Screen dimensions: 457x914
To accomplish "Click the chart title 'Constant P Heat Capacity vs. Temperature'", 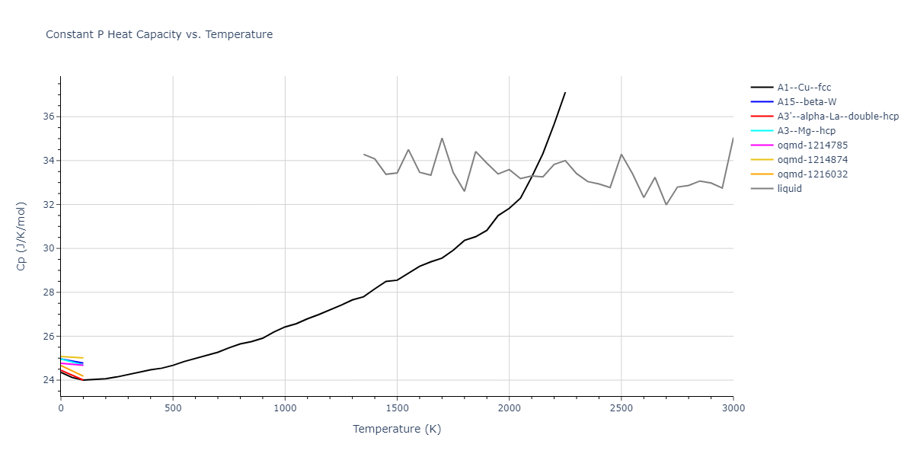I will click(159, 34).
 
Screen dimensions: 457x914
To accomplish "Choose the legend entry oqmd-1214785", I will click(812, 145).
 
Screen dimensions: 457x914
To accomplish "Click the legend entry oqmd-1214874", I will click(812, 160).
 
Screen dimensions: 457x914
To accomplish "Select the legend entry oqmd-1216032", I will click(812, 174).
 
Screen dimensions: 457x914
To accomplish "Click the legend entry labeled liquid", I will click(789, 189).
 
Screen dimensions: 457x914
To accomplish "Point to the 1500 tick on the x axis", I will click(397, 409).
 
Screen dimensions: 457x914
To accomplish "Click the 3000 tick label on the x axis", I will click(733, 409).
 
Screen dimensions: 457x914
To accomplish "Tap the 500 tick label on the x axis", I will click(173, 409).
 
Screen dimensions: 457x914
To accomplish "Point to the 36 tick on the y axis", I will click(47, 117).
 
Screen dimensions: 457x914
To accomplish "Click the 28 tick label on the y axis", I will click(47, 292).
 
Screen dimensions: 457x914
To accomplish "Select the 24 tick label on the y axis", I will click(47, 380).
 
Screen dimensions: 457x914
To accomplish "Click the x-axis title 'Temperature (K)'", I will click(397, 429).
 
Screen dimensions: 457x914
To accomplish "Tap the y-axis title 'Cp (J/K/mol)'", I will click(21, 236).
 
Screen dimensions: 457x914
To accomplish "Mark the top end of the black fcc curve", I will click(565, 92).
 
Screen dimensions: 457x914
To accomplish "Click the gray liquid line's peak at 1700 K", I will click(442, 139).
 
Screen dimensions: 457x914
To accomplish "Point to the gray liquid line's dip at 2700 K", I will click(666, 204).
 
